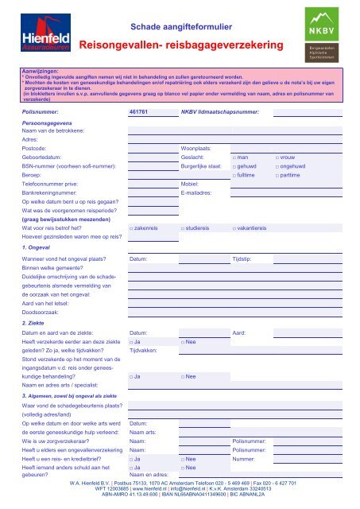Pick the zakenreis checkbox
[131, 227]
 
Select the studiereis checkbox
[184, 227]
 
